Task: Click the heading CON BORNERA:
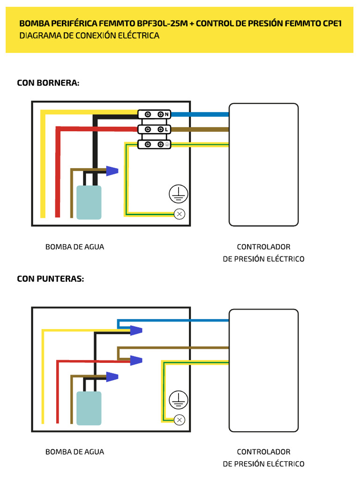[48, 83]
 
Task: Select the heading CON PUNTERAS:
[51, 278]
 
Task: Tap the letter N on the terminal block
[167, 114]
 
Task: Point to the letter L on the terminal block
[167, 129]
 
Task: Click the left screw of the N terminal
[148, 114]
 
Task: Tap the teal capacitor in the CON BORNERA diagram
[89, 202]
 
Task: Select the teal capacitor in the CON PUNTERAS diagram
[89, 408]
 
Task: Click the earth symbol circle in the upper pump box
[179, 194]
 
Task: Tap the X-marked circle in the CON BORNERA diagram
[179, 214]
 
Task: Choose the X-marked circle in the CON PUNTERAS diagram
[179, 420]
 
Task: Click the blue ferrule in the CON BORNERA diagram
[112, 171]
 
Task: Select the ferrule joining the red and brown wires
[135, 360]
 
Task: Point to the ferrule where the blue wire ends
[135, 330]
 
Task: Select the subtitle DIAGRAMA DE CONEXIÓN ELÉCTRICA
[89, 36]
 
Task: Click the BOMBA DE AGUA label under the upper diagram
[75, 247]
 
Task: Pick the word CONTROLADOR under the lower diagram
[263, 452]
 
